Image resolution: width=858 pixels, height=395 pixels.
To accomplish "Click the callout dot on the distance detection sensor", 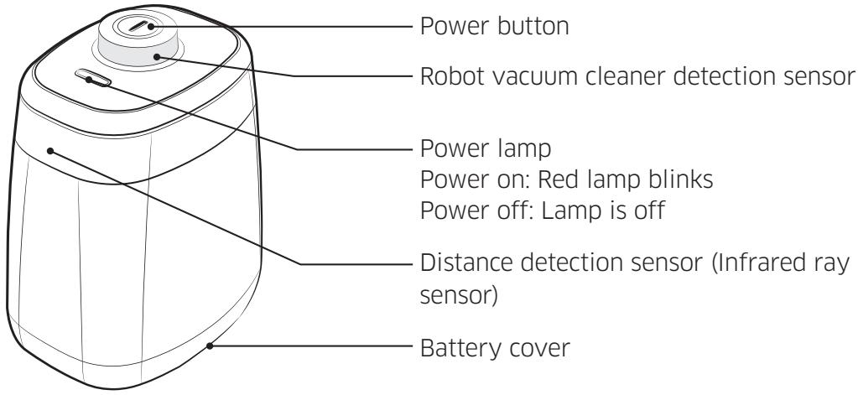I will (51, 151).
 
